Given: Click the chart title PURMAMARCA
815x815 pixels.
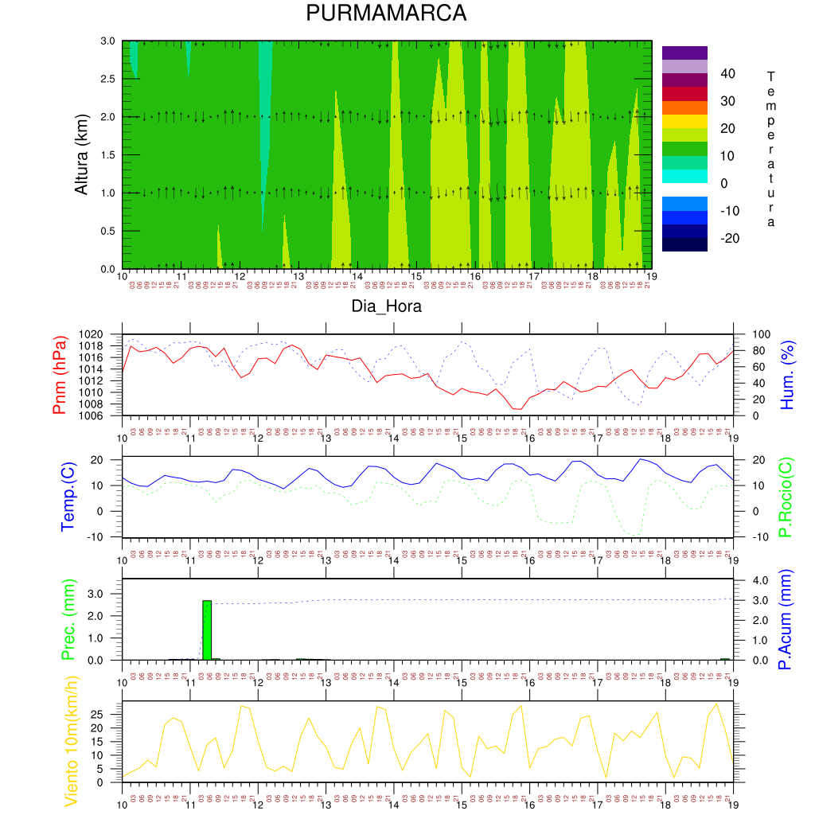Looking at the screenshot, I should pyautogui.click(x=386, y=14).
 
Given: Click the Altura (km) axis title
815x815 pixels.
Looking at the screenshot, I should pyautogui.click(x=81, y=154).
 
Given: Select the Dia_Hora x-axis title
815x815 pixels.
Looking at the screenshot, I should pyautogui.click(x=387, y=306).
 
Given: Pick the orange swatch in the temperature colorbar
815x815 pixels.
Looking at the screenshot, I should pyautogui.click(x=684, y=107).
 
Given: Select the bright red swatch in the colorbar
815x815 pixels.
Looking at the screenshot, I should pyautogui.click(x=684, y=94).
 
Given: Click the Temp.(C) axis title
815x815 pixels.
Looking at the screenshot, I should pyautogui.click(x=68, y=497).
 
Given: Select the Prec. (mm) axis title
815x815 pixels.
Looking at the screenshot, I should pyautogui.click(x=68, y=621).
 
